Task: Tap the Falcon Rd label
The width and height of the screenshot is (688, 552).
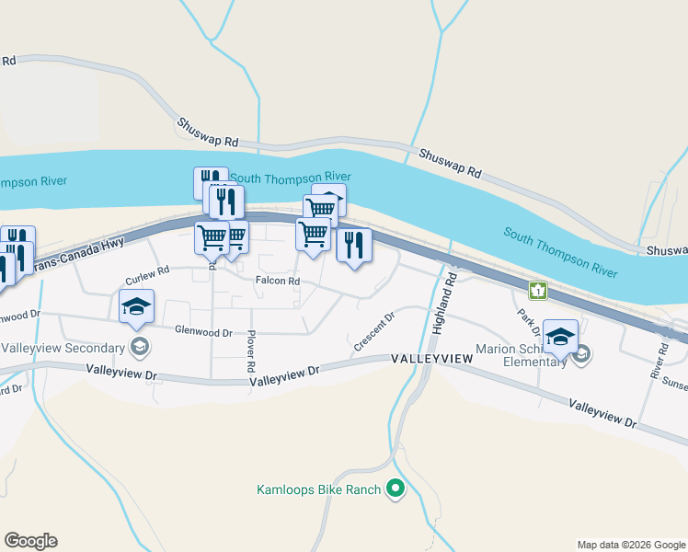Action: coord(278,281)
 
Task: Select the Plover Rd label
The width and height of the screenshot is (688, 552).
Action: coord(250,353)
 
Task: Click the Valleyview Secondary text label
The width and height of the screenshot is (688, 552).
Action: coord(63,349)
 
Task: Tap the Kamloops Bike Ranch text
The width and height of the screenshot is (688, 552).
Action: coord(318,489)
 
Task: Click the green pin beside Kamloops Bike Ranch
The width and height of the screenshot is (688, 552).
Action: coord(396,489)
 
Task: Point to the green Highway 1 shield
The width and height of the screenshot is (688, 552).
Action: coord(537,291)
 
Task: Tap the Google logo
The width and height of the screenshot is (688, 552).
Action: coord(30,540)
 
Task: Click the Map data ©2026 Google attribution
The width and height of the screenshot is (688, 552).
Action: coord(630,545)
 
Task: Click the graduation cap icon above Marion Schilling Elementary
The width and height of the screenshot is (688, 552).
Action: coord(559,336)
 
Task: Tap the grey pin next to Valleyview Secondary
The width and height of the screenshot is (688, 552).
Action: coord(140,347)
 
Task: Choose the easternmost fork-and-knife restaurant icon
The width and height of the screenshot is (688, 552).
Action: coord(354,245)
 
